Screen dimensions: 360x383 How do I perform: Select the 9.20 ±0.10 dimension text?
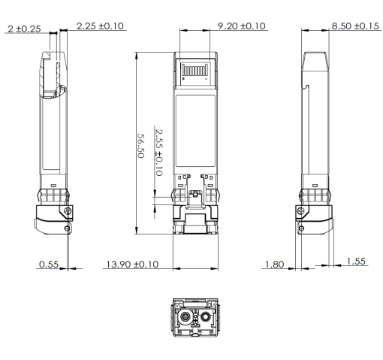pos(241,27)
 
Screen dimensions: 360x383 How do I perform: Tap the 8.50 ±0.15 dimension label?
pos(356,27)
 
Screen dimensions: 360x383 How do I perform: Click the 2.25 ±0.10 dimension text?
pos(101,27)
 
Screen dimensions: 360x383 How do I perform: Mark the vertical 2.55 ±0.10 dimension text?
pos(158,151)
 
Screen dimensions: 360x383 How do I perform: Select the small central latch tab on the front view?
pos(196,196)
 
